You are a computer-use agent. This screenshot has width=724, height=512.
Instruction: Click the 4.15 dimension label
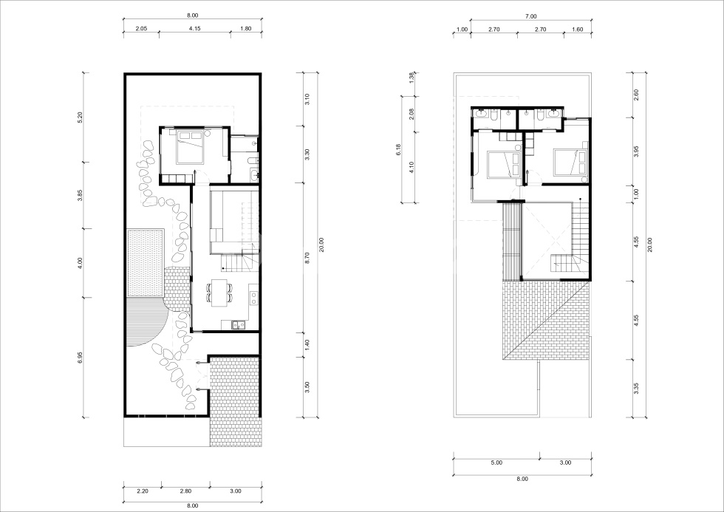(x=195, y=29)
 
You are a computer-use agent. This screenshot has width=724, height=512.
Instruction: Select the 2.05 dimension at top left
(x=141, y=29)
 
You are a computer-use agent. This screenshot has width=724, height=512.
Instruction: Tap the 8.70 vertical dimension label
(x=307, y=258)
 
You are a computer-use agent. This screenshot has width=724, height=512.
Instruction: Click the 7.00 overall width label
(x=530, y=16)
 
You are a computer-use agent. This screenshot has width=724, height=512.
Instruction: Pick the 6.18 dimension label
(x=398, y=149)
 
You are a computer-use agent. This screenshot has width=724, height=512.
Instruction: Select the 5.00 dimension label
(x=496, y=462)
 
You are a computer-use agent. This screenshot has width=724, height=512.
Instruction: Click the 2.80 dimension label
(x=185, y=491)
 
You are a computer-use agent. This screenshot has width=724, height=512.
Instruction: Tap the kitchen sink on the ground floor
(x=239, y=324)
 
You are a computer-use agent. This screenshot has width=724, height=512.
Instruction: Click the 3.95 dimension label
(x=635, y=151)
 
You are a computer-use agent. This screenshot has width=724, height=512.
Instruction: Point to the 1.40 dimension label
(x=307, y=344)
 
